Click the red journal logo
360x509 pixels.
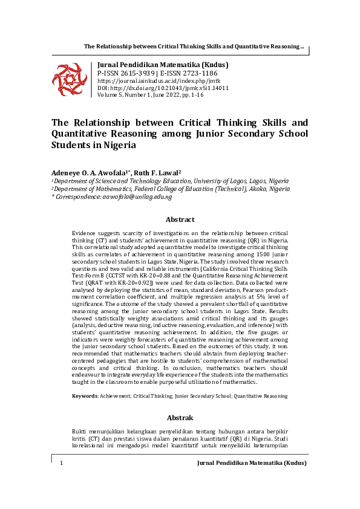coord(69,79)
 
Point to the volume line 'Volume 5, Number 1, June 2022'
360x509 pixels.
coord(151,95)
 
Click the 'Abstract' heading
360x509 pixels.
coord(180,219)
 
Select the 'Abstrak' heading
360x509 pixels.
coord(180,418)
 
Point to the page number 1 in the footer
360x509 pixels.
coord(62,462)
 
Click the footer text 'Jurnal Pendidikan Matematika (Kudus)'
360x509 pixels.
coord(252,462)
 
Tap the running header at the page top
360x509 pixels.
coord(194,47)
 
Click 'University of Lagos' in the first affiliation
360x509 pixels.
coord(221,181)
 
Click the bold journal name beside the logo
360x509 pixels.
coord(163,65)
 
